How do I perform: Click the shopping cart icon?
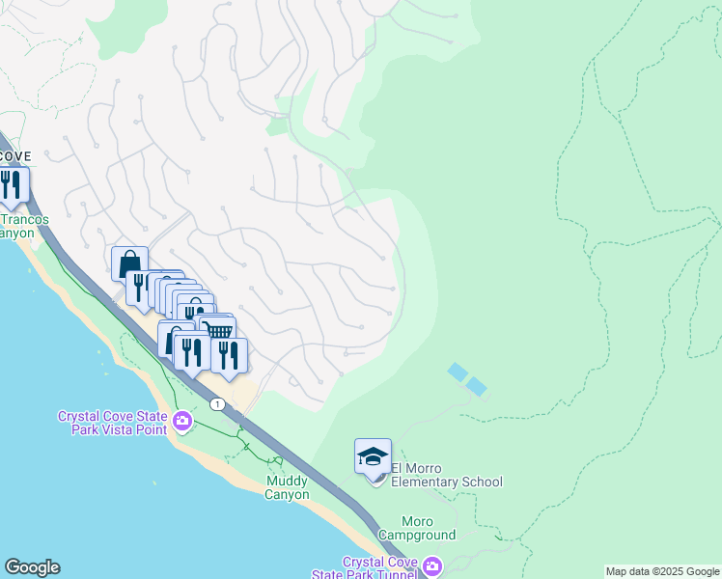click(221, 331)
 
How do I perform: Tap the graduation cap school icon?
click(373, 456)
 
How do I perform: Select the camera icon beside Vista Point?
click(182, 421)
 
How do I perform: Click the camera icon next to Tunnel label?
click(432, 566)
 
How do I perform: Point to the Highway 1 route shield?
click(219, 403)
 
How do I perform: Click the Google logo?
click(32, 567)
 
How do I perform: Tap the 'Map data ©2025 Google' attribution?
click(661, 571)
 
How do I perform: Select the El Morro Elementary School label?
click(446, 482)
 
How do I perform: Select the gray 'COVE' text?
click(14, 155)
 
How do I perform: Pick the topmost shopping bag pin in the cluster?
click(129, 263)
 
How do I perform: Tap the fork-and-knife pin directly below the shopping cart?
click(229, 354)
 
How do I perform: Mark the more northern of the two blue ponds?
click(457, 371)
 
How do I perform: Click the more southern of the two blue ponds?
click(477, 386)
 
